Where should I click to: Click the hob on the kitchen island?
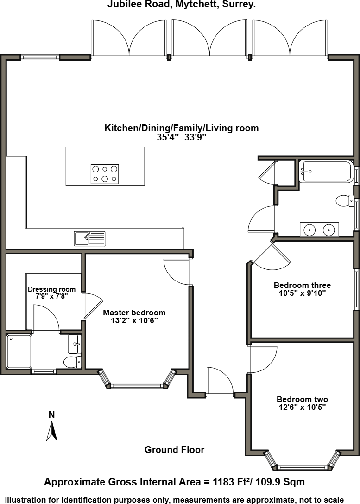tap(105, 174)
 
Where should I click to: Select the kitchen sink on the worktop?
tap(89, 238)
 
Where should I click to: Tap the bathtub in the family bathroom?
tap(326, 171)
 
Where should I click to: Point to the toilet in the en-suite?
tap(72, 362)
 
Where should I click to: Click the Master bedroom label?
tap(134, 313)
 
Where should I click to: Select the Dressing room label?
tap(48, 289)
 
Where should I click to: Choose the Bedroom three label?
tap(302, 285)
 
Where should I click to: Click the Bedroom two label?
tap(302, 399)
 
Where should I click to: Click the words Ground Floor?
tap(174, 450)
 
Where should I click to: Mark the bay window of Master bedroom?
tap(138, 384)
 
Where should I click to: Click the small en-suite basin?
tap(75, 344)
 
